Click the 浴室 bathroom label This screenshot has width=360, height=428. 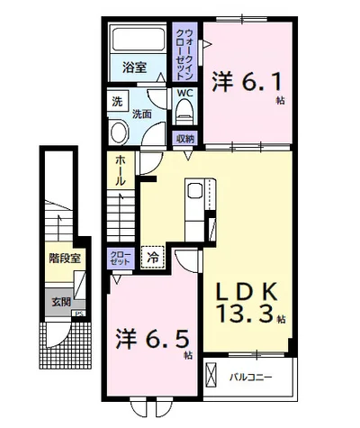pos(134,68)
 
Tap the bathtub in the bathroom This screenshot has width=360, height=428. pos(138,40)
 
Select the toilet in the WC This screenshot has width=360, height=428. pos(184,111)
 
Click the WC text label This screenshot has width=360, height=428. pos(184,93)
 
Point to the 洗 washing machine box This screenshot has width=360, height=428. pos(117,101)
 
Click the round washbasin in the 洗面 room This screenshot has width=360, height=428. pos(120,132)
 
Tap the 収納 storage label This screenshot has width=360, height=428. pos(185,139)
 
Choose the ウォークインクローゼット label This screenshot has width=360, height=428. pos(184,54)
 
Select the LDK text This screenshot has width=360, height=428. pos(247,292)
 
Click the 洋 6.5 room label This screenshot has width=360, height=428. pos(153,339)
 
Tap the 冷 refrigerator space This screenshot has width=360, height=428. pos(153,257)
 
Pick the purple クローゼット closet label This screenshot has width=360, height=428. pos(120,258)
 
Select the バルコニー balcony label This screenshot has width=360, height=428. pos(251,377)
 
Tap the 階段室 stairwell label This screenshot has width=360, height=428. pos(65,259)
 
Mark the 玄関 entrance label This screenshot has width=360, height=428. pos(61,302)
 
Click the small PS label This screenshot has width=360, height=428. pos(79,314)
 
